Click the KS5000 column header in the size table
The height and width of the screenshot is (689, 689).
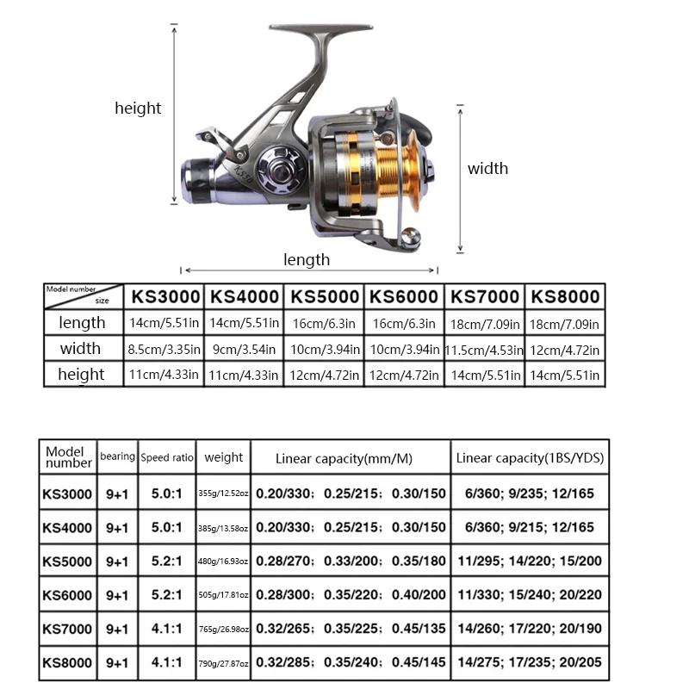pos(325,296)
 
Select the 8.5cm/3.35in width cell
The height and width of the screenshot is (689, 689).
pos(164,350)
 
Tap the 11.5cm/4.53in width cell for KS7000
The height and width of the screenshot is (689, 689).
pos(484,351)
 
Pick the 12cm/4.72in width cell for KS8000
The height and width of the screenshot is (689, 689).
pos(565,351)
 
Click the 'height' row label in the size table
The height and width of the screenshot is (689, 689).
pos(81,375)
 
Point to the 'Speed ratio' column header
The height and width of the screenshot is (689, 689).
pos(167,457)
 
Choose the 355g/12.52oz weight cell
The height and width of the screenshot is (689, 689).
pos(223,493)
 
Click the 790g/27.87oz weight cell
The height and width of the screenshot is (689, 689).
pos(223,663)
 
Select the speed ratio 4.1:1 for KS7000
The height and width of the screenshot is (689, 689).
pos(166,629)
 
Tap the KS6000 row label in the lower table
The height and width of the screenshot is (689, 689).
pos(67,595)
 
